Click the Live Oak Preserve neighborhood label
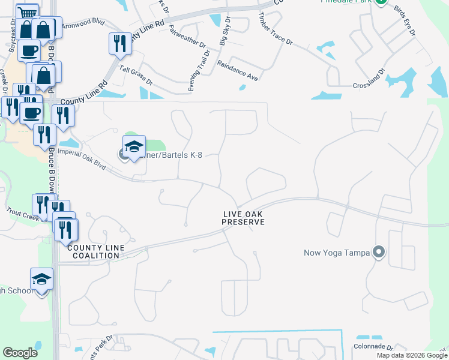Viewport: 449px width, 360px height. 243,218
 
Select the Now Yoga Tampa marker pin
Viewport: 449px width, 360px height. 378,252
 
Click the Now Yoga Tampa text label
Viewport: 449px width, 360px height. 337,252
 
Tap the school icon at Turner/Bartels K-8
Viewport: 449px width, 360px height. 134,147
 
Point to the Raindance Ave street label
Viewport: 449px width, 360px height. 238,70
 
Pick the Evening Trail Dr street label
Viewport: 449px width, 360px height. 199,71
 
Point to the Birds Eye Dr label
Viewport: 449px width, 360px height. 405,20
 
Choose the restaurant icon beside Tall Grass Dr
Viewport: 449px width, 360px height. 119,43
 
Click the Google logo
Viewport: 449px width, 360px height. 20,353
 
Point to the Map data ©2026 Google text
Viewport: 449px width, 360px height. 411,355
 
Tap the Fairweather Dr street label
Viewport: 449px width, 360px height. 187,36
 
